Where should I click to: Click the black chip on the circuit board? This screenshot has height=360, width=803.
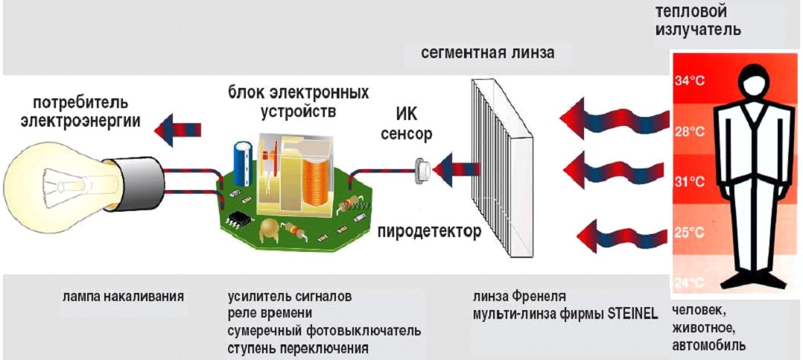238,219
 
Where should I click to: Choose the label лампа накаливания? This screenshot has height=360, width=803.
123,297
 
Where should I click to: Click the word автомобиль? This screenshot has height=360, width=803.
708,344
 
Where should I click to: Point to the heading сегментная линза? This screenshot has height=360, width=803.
487,53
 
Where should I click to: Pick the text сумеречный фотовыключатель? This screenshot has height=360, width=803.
324,331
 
